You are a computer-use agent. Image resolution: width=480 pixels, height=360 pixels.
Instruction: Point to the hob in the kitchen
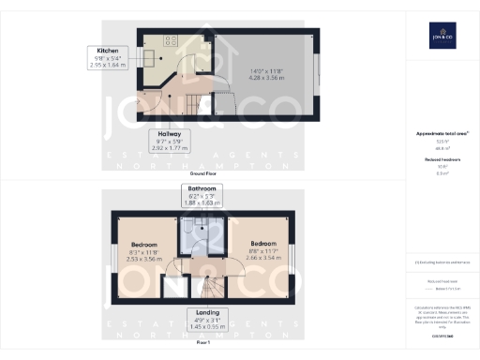click(x=172, y=41)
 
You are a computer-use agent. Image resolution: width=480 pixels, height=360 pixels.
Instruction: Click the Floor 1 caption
click(x=202, y=343)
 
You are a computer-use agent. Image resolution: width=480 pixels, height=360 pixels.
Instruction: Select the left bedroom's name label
click(x=142, y=245)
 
